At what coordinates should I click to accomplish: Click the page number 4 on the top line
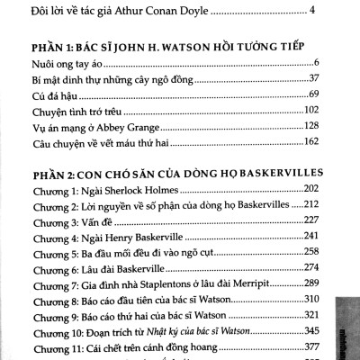[x=311, y=12]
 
